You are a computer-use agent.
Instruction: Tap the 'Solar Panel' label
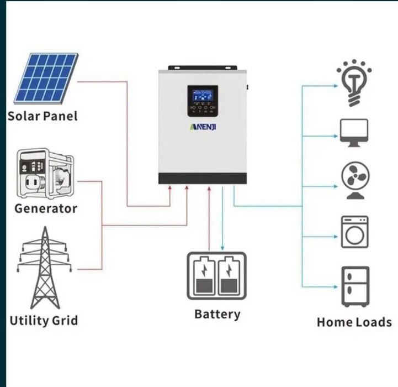[x=43, y=116]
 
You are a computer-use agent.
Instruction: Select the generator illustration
[x=44, y=174]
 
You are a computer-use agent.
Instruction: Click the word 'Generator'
[x=46, y=208]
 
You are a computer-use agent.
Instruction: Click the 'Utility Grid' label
[x=44, y=321]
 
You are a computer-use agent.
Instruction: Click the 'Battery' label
[x=217, y=314]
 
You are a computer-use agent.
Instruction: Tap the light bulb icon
[x=354, y=85]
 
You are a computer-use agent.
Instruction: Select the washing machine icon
[x=354, y=232]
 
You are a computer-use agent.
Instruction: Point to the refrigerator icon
[x=354, y=286]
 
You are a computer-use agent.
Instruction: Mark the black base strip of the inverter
[x=202, y=179]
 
